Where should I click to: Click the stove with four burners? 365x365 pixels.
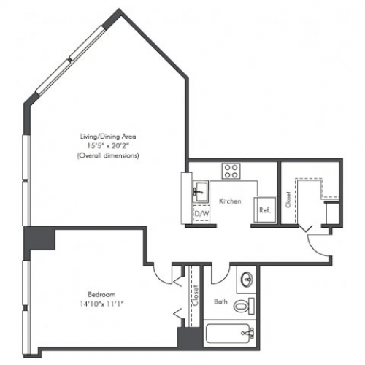(x=231, y=171)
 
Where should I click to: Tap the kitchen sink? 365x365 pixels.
(x=201, y=191)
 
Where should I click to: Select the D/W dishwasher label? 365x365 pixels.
(x=201, y=213)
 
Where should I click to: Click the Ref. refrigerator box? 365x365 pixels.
(x=265, y=210)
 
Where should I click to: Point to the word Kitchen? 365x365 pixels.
(x=230, y=201)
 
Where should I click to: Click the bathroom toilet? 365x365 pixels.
(x=244, y=306)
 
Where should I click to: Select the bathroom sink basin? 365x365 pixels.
(x=247, y=280)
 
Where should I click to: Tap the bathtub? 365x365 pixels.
(x=230, y=333)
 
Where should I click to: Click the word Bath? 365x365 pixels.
(x=220, y=301)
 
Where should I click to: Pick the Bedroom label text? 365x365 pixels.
(x=101, y=295)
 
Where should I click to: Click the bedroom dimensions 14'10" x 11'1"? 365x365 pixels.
(x=102, y=304)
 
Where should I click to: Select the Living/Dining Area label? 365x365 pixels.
(x=108, y=137)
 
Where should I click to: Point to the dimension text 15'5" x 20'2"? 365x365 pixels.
(x=108, y=146)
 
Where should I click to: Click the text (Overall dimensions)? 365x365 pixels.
(x=108, y=155)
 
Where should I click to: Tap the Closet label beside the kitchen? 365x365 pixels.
(x=288, y=200)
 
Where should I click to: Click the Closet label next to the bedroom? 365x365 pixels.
(x=196, y=296)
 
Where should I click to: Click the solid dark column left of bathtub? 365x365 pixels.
(x=190, y=337)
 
